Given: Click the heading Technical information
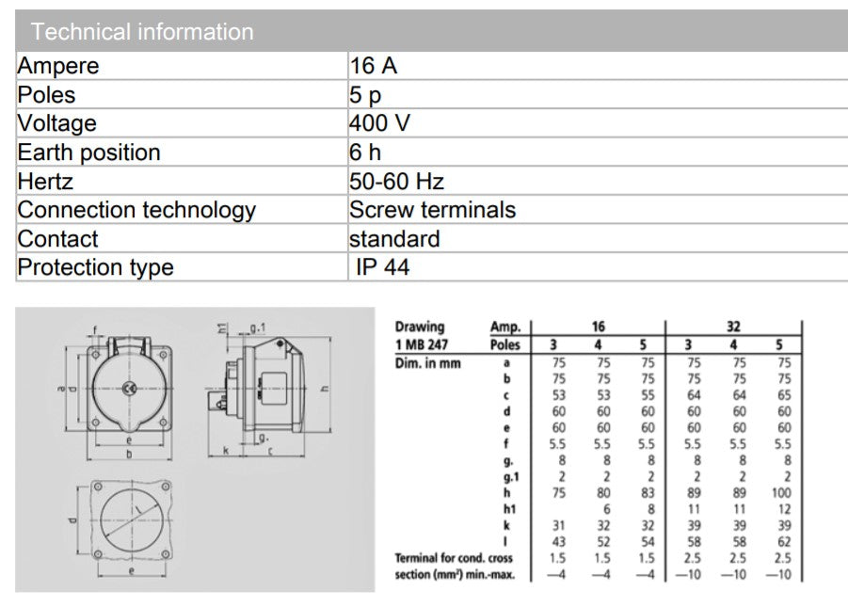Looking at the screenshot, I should [142, 31].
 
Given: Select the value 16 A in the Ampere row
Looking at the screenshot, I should [373, 66].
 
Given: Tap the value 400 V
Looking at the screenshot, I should [379, 123].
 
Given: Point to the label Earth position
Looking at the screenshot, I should [89, 152].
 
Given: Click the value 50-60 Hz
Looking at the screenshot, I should [396, 181].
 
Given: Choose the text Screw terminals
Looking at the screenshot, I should [432, 210].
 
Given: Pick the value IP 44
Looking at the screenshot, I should [383, 267].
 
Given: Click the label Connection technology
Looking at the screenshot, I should [136, 210].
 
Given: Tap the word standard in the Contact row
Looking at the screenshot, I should [394, 238].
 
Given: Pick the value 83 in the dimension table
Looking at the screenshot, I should [648, 492].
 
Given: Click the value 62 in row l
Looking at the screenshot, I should [784, 541].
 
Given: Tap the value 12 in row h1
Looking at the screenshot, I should [784, 508].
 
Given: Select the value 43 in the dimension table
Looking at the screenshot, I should [559, 541].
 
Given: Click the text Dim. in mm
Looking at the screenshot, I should [428, 362].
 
